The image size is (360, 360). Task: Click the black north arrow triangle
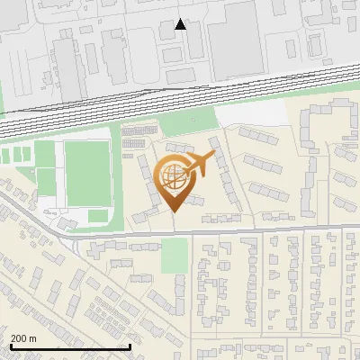click(181, 24)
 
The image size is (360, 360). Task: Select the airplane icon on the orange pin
click(200, 164)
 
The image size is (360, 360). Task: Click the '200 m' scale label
click(23, 338)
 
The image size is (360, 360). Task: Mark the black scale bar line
click(69, 346)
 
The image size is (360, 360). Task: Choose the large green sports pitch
click(87, 172)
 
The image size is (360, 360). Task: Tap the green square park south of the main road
click(175, 256)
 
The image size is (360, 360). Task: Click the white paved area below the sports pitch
click(97, 216)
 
